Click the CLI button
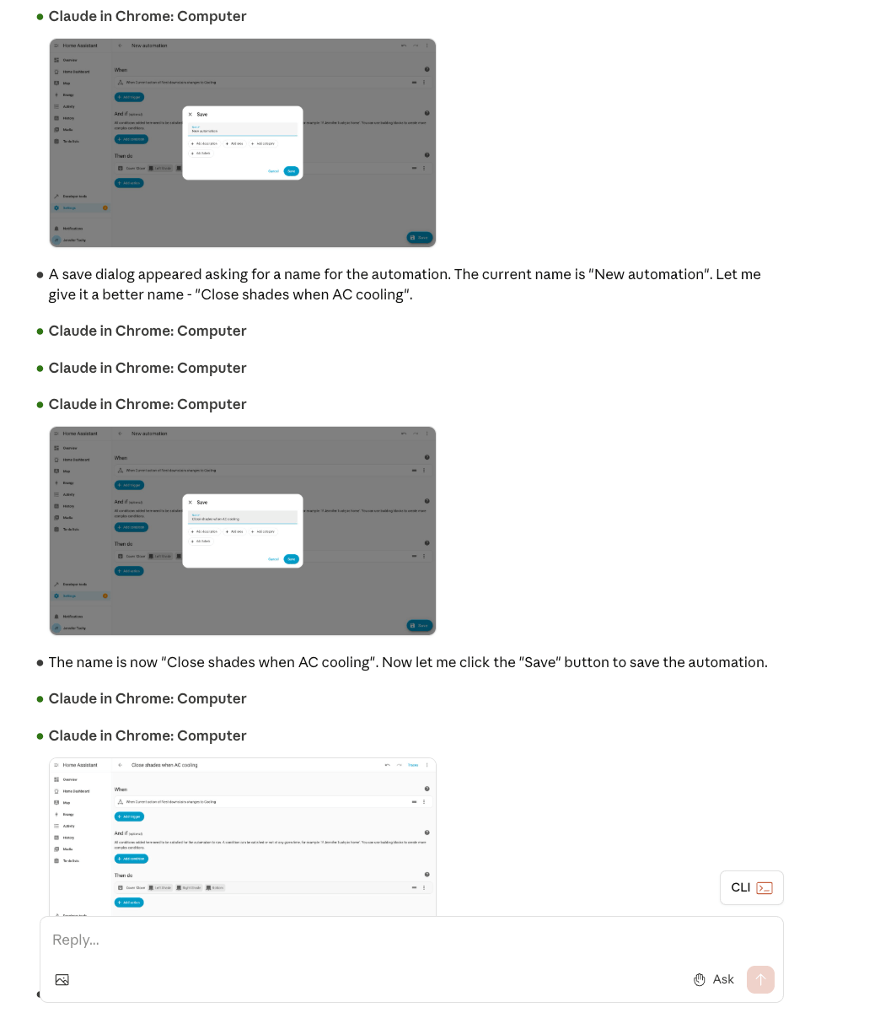tap(751, 887)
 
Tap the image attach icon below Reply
tap(62, 979)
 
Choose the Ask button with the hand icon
tap(714, 979)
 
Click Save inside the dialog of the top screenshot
tap(292, 171)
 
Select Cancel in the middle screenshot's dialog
tap(273, 559)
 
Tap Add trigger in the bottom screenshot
tap(130, 816)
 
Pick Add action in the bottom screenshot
tap(130, 903)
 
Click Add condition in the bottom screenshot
tap(131, 859)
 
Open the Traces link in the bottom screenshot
tap(413, 765)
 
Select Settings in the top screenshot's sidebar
tap(69, 207)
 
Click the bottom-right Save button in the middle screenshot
tap(420, 625)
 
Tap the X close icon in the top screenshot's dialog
tap(190, 114)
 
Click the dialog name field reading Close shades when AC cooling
tap(243, 518)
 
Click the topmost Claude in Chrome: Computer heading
tap(148, 16)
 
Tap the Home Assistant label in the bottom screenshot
tap(80, 765)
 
